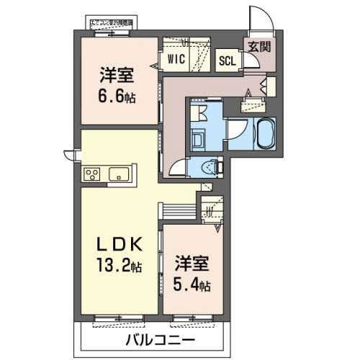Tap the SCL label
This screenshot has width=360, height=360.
click(227, 61)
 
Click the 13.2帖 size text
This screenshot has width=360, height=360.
click(118, 266)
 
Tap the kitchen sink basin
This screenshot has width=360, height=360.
click(118, 174)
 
